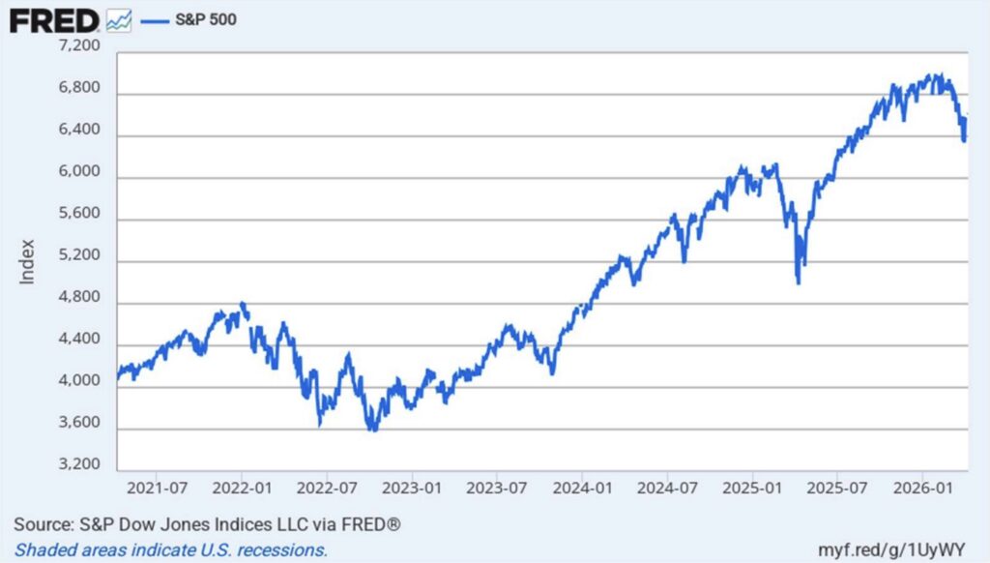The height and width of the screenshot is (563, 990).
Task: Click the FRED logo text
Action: (54, 19)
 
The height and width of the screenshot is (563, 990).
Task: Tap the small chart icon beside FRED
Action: (119, 19)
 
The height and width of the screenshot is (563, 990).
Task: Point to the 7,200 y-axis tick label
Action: (80, 46)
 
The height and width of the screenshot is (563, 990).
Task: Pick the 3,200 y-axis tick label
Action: (80, 463)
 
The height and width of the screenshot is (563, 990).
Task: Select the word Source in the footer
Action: (43, 525)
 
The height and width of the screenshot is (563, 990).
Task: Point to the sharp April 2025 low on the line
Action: (798, 282)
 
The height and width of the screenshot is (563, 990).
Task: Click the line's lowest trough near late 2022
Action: (372, 429)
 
